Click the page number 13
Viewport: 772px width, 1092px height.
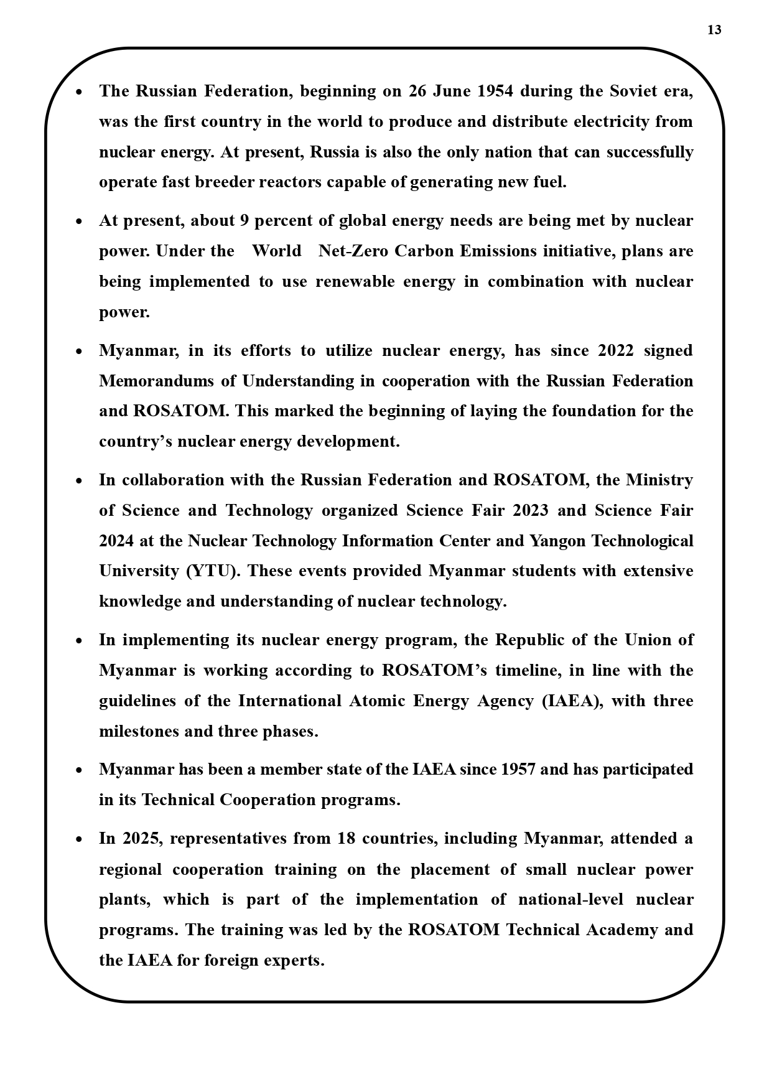[714, 30]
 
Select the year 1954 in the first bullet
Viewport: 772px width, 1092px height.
[495, 91]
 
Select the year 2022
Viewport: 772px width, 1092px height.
[615, 350]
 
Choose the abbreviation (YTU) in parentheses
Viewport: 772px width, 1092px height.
[213, 571]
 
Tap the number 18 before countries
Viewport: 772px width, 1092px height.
[346, 838]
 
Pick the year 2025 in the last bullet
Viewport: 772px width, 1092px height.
[141, 838]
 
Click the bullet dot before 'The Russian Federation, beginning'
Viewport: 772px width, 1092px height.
[79, 92]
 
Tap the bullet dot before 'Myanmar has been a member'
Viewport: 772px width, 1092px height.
[79, 770]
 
